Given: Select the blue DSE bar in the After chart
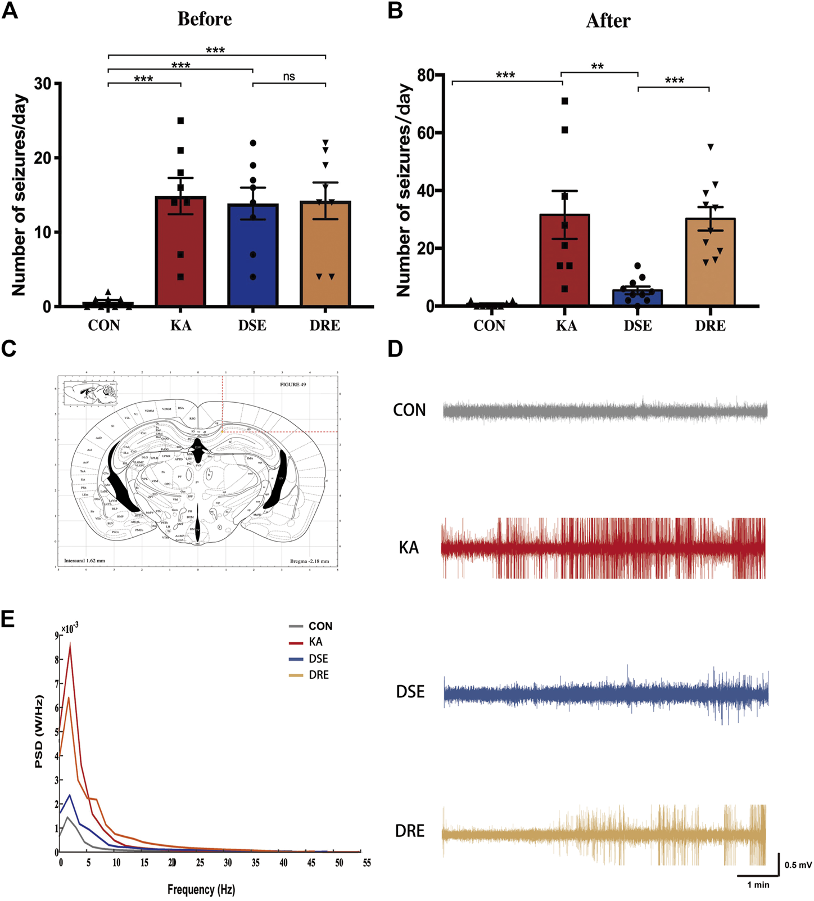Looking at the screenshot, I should click(x=637, y=299).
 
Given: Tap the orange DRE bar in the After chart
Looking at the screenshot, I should click(x=710, y=264).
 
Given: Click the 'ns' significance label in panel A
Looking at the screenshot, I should click(x=289, y=76).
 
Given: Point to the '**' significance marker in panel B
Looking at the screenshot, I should click(x=598, y=67).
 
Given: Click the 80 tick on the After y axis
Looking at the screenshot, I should click(x=427, y=75).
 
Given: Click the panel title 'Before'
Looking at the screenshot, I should click(x=205, y=19).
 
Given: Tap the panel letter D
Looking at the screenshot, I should click(x=395, y=349).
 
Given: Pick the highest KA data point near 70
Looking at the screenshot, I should click(x=565, y=101).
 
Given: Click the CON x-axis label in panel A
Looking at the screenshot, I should click(x=104, y=326).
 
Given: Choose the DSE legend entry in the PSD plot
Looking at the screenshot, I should click(x=318, y=659).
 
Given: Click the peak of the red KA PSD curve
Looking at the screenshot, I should click(x=70, y=643).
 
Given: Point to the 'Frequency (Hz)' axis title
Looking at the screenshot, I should click(x=201, y=889).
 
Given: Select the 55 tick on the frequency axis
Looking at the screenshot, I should click(x=367, y=863).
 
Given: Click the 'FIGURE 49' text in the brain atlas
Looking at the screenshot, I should click(x=293, y=385).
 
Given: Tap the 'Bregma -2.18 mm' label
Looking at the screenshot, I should click(x=309, y=561).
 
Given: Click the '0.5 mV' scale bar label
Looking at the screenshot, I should click(x=798, y=865).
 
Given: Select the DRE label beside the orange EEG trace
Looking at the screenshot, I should click(x=410, y=831).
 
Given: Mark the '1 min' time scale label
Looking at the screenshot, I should click(x=758, y=885).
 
